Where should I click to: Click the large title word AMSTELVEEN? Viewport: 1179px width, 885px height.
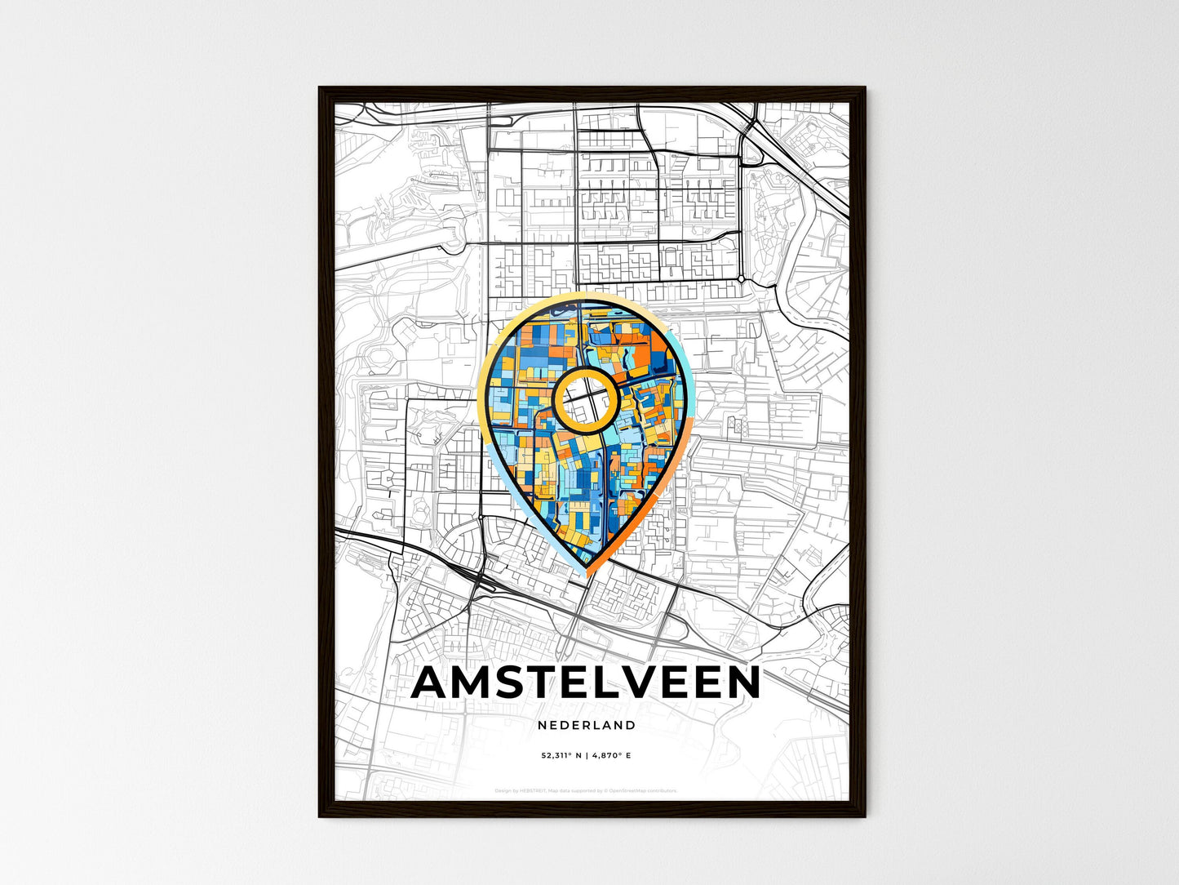(x=586, y=683)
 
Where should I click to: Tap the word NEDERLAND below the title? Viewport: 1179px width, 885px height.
(x=587, y=725)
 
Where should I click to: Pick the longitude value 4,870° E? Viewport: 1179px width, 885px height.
(x=611, y=756)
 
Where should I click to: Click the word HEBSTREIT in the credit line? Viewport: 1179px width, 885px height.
(x=531, y=790)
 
